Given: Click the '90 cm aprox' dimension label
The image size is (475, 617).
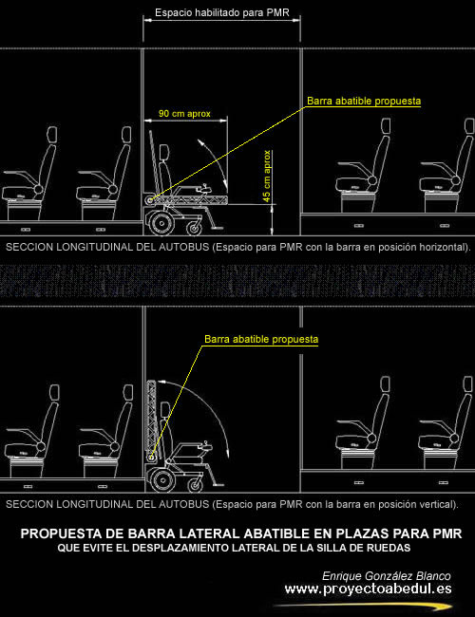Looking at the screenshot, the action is [x=184, y=114].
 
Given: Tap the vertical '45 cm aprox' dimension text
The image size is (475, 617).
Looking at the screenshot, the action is [x=267, y=177].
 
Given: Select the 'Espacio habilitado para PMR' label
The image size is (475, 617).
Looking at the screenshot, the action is [x=222, y=12].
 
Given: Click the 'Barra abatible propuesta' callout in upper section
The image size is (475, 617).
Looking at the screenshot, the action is [x=364, y=102].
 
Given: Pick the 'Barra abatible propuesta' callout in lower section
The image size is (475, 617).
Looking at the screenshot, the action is [x=261, y=339].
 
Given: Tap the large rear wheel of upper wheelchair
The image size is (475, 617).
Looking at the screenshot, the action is [x=161, y=223].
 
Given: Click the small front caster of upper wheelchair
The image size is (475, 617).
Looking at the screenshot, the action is [x=194, y=228].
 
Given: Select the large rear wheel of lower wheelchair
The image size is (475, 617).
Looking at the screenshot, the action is [x=161, y=480].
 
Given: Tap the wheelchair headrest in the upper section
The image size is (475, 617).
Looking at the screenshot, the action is [x=164, y=152].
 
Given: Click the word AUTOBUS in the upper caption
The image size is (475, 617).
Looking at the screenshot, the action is [x=184, y=247].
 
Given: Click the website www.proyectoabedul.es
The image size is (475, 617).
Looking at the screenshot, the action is [x=368, y=589].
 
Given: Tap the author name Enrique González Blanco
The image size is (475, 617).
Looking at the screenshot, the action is [x=387, y=576].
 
